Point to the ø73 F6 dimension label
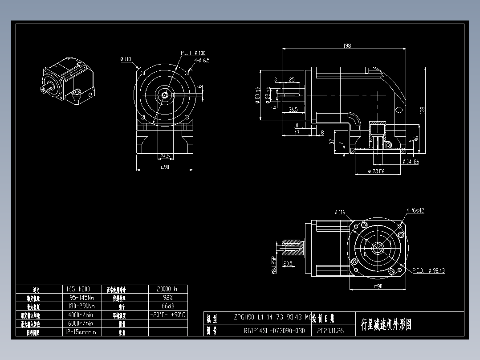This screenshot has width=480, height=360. tap(376, 172)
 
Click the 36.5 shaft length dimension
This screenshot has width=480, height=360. tap(293, 110)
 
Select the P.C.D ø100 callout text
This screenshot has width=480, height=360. tap(193, 53)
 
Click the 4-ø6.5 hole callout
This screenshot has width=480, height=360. tap(202, 60)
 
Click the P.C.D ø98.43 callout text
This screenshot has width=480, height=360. tap(428, 270)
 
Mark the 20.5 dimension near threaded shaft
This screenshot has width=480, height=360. tap(288, 263)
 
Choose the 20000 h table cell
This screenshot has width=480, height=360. tap(167, 289)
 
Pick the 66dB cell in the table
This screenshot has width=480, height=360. tap(167, 306)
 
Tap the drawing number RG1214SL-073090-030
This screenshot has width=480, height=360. tap(274, 331)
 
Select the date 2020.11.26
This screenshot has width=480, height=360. tap(330, 331)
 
